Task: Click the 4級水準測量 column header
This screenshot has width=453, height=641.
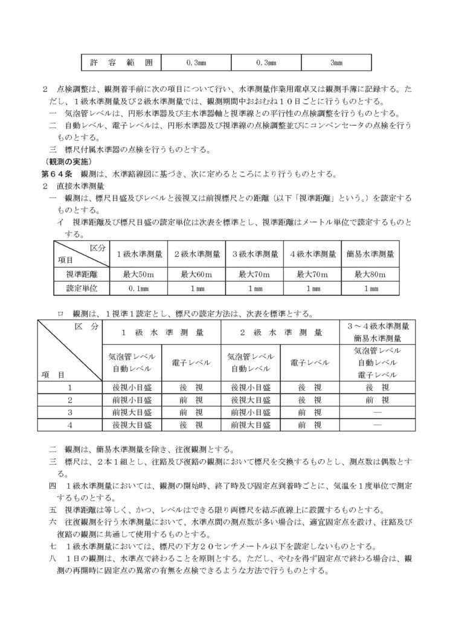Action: [x=312, y=254]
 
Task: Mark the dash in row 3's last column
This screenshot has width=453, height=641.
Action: [x=377, y=413]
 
